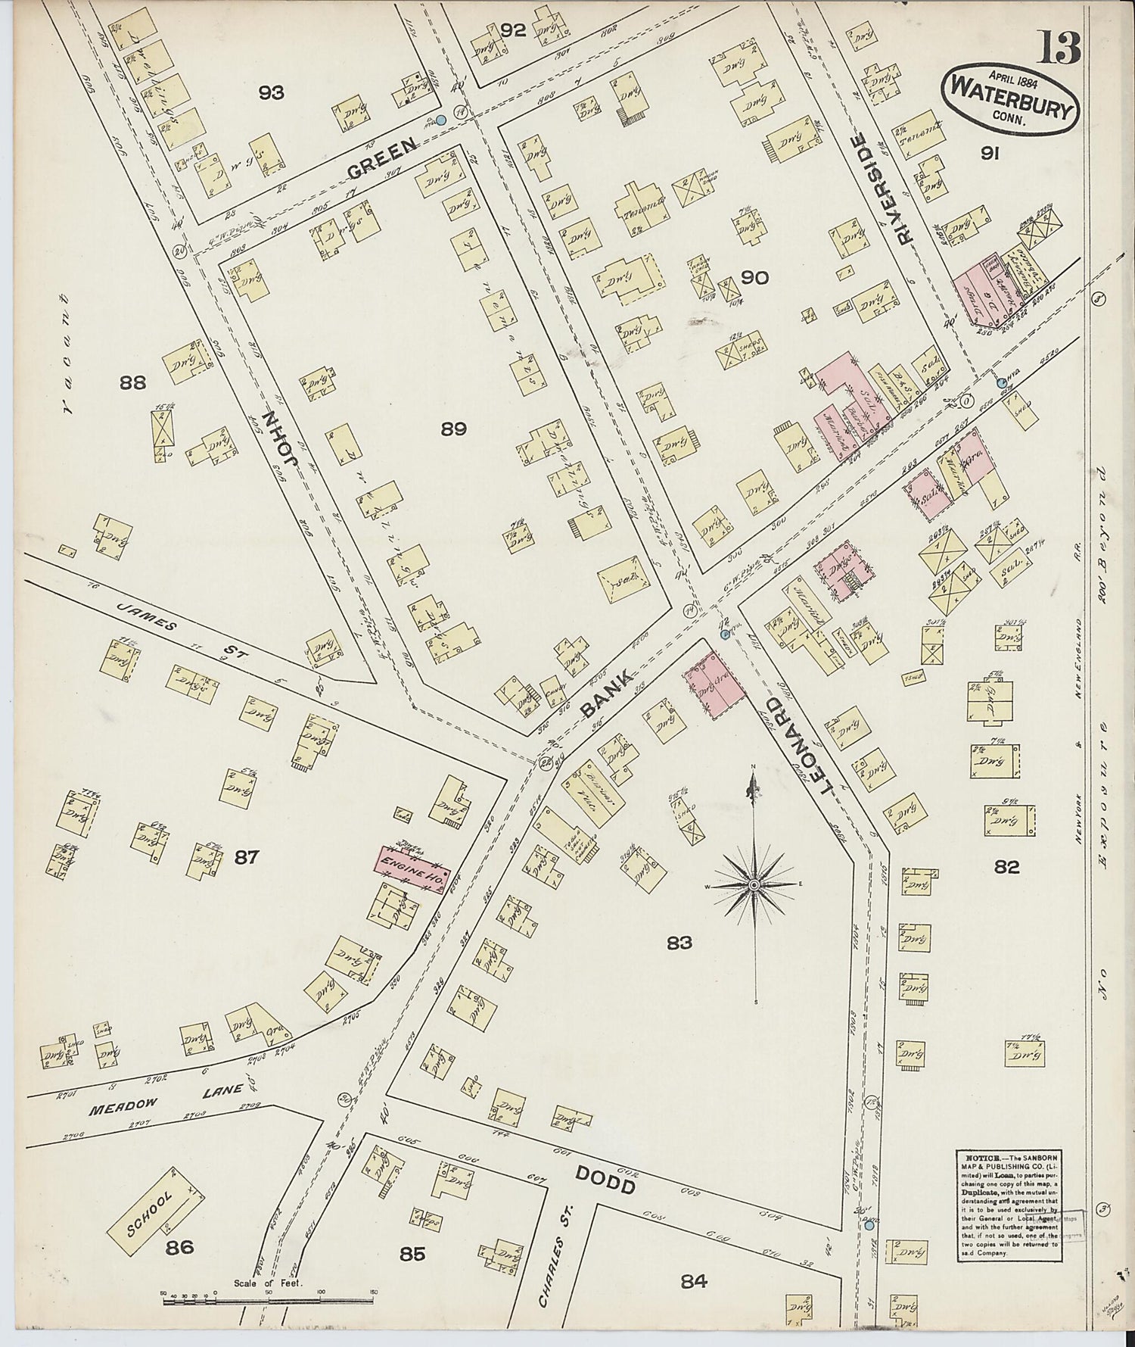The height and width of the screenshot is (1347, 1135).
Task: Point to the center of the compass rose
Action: (754, 884)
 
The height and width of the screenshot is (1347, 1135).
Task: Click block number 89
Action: (453, 429)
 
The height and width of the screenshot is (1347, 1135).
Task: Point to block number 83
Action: (679, 943)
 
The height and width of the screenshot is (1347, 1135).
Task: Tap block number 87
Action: (247, 857)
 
